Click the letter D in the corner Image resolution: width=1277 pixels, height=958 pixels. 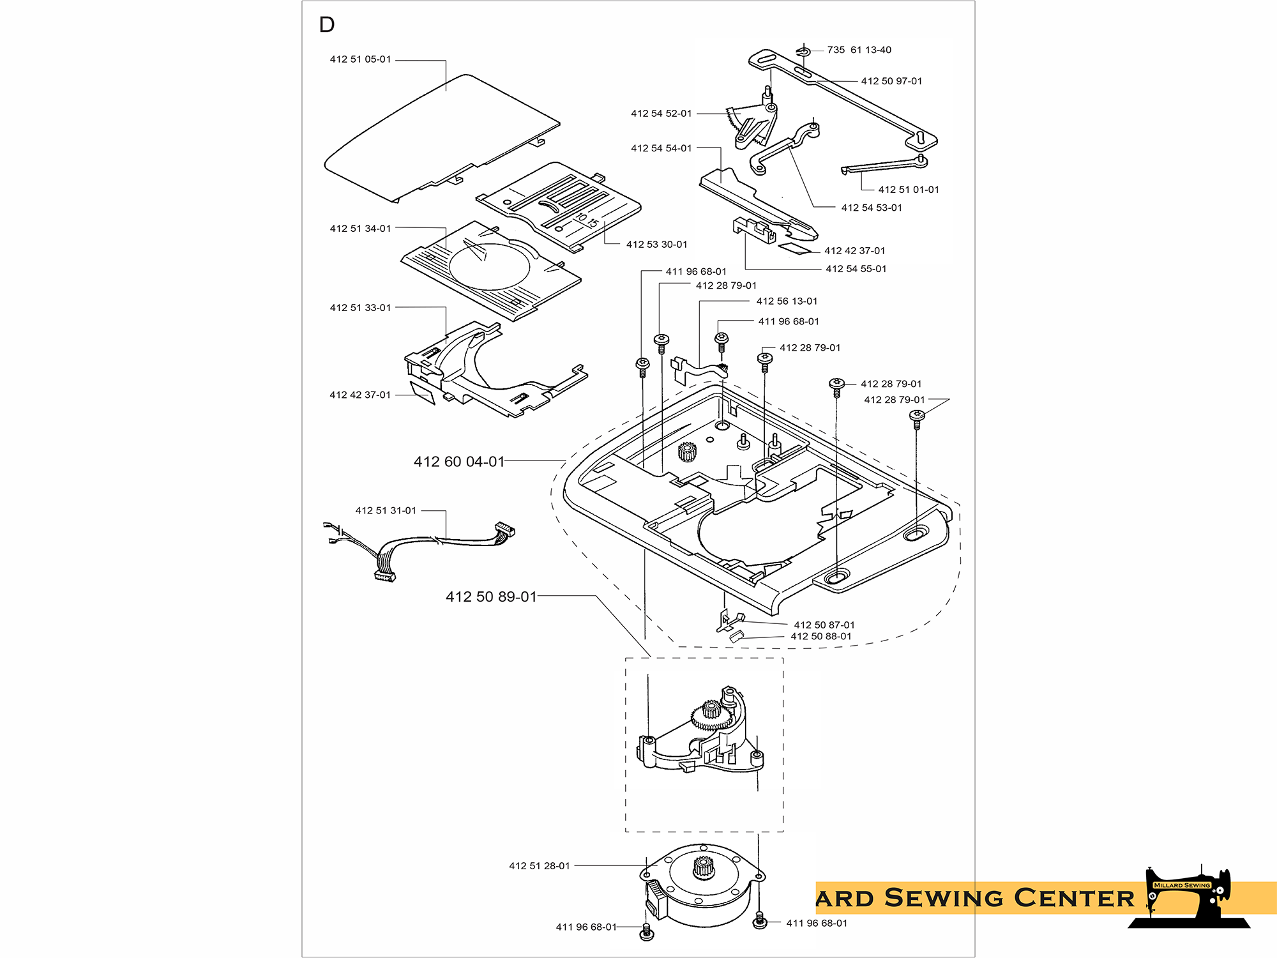click(x=326, y=25)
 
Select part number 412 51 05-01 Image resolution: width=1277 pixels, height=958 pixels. click(x=360, y=59)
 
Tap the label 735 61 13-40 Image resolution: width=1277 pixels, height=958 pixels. click(x=859, y=50)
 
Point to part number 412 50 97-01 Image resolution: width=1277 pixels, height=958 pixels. click(x=891, y=81)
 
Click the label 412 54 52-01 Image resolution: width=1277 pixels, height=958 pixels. click(x=661, y=114)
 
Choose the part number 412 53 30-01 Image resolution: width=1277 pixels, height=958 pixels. click(x=656, y=245)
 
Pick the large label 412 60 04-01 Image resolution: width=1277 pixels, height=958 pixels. click(x=459, y=462)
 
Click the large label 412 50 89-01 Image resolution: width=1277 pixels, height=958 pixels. click(x=491, y=597)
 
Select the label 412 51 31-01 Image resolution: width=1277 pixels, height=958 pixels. click(x=386, y=511)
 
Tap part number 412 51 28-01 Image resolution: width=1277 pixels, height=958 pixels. click(x=539, y=866)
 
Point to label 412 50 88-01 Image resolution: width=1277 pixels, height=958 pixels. click(x=820, y=637)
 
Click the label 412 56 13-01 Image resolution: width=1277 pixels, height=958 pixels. click(x=787, y=301)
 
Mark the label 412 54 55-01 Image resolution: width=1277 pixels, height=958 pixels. click(x=856, y=269)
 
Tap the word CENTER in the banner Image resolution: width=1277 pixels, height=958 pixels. click(x=1074, y=898)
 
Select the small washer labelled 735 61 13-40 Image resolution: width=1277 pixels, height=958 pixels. click(x=803, y=51)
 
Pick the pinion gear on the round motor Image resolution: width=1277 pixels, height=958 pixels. click(x=702, y=867)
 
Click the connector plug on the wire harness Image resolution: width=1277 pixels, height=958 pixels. click(x=504, y=529)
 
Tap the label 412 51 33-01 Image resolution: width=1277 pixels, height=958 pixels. click(x=360, y=308)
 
